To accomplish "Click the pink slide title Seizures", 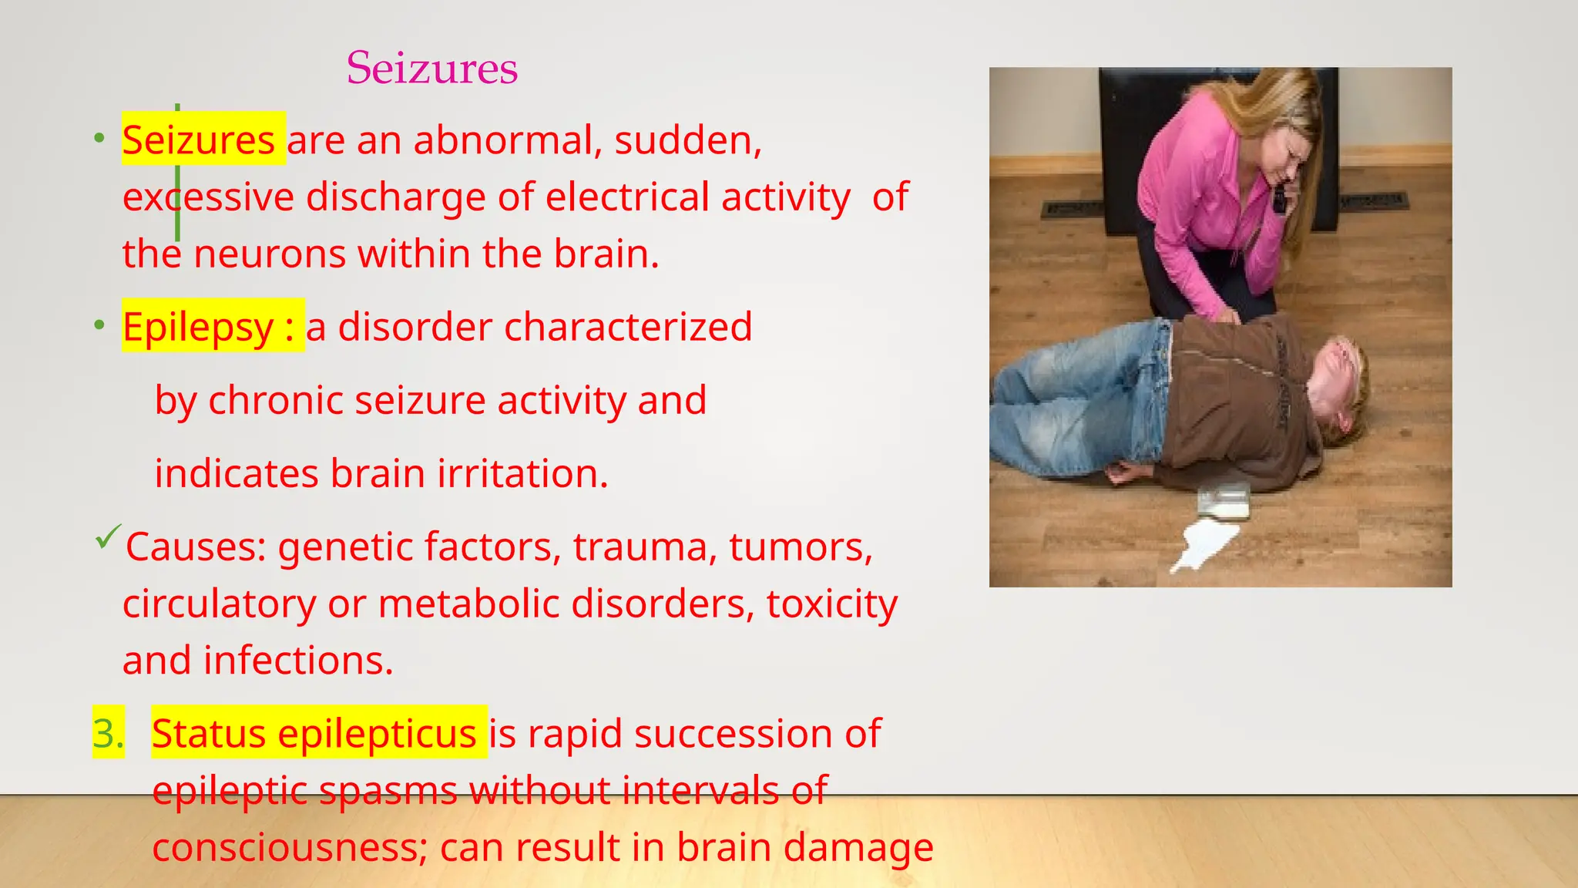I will [431, 68].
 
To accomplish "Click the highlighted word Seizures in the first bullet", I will [199, 140].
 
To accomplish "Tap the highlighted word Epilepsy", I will [198, 327].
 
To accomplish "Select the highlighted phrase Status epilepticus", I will [314, 733].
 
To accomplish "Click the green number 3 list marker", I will [108, 733].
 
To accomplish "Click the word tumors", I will [801, 547].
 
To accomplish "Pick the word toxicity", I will [832, 604].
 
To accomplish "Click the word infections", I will [298, 661].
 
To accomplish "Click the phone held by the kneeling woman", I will [1280, 198].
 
